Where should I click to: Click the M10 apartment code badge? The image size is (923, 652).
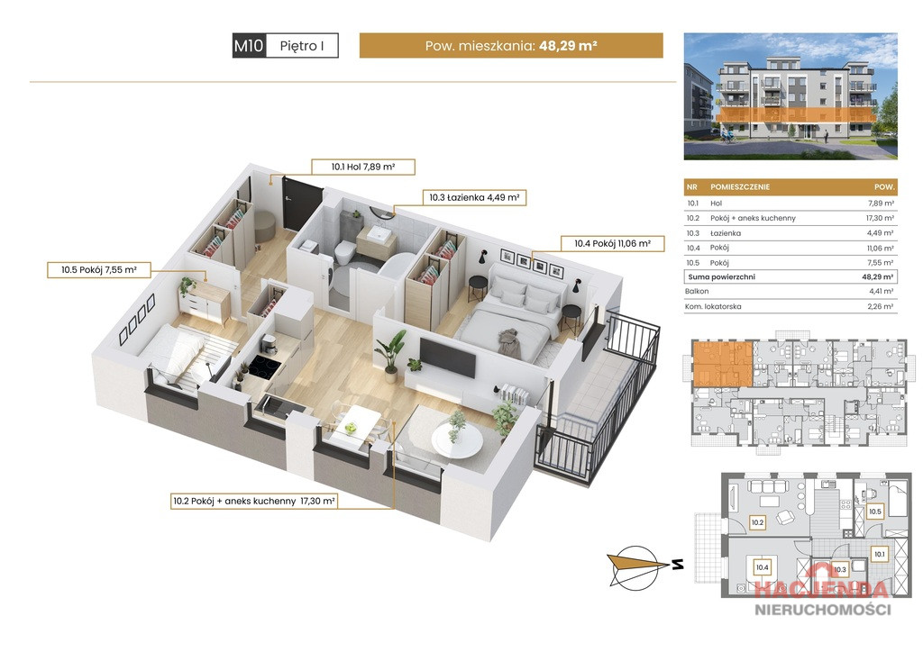pyautogui.click(x=250, y=45)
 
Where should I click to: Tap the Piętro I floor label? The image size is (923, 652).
pyautogui.click(x=302, y=46)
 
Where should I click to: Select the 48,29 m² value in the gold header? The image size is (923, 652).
pyautogui.click(x=568, y=45)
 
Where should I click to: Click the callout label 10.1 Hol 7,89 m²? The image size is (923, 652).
pyautogui.click(x=362, y=167)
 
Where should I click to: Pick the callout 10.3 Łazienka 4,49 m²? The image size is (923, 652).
pyautogui.click(x=474, y=197)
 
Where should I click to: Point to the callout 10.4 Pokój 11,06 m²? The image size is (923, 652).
pyautogui.click(x=612, y=243)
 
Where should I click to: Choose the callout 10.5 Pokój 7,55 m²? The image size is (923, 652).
pyautogui.click(x=99, y=270)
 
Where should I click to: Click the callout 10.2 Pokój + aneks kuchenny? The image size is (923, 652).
pyautogui.click(x=253, y=501)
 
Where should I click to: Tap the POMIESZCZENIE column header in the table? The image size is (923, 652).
pyautogui.click(x=740, y=187)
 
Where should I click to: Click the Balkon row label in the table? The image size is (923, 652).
pyautogui.click(x=697, y=292)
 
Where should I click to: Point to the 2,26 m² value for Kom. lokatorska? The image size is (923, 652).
pyautogui.click(x=880, y=306)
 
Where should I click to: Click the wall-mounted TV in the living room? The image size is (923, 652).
pyautogui.click(x=447, y=358)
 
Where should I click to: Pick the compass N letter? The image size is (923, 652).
pyautogui.click(x=678, y=565)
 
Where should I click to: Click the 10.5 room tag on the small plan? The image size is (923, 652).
pyautogui.click(x=874, y=512)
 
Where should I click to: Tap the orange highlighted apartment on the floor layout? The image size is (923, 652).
pyautogui.click(x=722, y=364)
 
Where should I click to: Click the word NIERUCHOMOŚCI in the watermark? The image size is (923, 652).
pyautogui.click(x=823, y=610)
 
